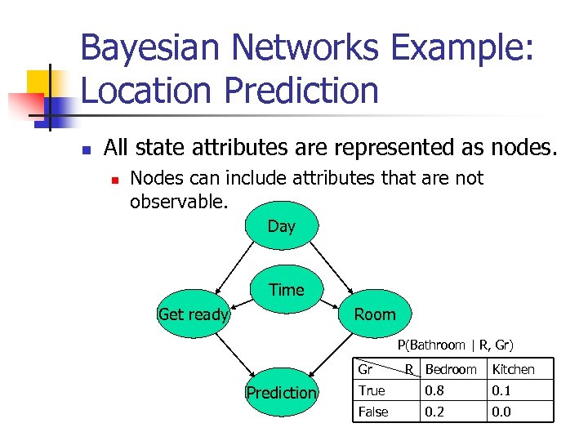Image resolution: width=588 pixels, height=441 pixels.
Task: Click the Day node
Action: [x=281, y=226]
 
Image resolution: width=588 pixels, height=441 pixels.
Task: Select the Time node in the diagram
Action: [x=286, y=290]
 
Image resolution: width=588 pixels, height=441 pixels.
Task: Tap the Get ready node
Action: [x=194, y=314]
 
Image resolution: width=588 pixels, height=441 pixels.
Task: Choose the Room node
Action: [x=374, y=314]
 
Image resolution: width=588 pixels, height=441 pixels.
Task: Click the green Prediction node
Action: [x=281, y=393]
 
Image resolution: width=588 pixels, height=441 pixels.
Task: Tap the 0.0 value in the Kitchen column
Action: [x=501, y=412]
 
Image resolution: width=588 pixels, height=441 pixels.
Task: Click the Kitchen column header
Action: [x=513, y=369]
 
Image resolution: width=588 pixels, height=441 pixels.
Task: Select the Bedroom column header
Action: [x=450, y=369]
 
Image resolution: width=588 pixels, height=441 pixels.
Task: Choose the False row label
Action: [x=373, y=412]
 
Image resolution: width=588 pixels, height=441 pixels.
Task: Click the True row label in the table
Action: [x=372, y=390]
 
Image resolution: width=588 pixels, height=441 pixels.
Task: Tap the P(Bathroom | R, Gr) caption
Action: [x=455, y=345]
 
